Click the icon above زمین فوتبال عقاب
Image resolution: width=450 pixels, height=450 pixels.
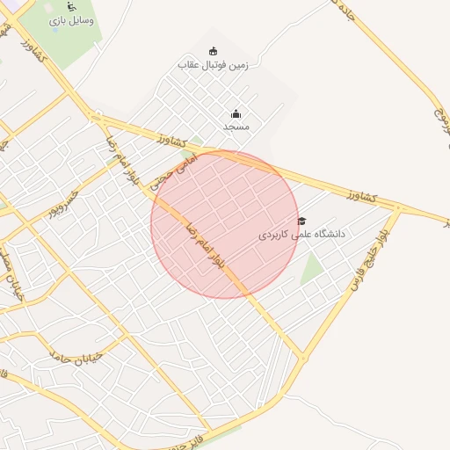pos(213,51)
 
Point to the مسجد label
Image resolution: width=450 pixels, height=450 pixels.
pos(236,127)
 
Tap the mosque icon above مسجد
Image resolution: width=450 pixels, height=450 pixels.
pos(236,113)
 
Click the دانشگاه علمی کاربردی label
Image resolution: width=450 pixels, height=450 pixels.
pos(302,236)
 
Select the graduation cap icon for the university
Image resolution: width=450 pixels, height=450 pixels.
pos(301,221)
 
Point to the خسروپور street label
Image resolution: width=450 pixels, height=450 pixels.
pos(63,202)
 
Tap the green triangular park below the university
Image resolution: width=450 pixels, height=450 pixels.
pos(312,270)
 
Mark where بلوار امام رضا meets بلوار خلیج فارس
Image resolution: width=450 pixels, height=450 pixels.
pos(304,358)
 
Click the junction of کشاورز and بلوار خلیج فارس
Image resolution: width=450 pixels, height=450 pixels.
pos(398,208)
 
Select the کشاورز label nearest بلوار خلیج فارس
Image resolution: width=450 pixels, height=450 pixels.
pos(361,195)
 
